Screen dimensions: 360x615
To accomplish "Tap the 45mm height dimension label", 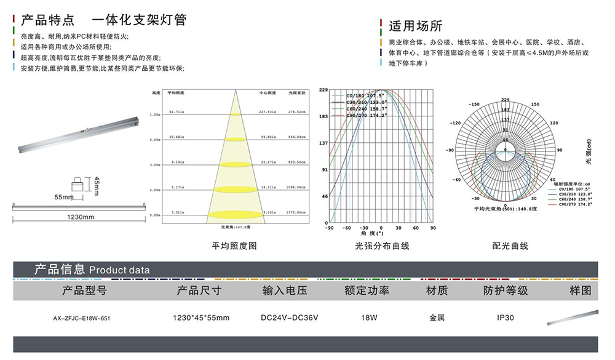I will [97, 185].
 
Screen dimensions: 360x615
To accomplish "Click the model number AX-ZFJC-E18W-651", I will [82, 319].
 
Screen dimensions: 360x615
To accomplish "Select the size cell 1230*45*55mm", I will [201, 318].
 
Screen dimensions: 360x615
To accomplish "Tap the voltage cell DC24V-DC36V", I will [290, 318].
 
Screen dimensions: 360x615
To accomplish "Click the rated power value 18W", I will [367, 318].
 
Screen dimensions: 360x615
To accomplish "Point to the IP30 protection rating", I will [506, 318].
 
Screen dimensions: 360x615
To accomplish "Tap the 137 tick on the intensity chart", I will [324, 143].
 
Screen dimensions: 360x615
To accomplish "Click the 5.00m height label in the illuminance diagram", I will [154, 215].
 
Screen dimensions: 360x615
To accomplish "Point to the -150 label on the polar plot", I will [474, 105].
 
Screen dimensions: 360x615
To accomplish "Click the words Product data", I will [119, 270].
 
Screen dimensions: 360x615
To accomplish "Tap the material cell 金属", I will [437, 318].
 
